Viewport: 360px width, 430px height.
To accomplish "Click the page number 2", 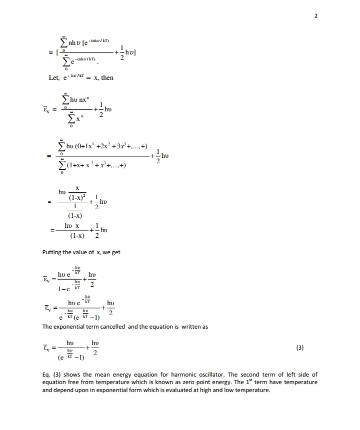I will [x=315, y=15].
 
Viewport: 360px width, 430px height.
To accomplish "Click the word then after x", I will [x=107, y=78].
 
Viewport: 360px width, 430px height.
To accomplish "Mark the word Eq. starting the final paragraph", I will [x=46, y=375].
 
